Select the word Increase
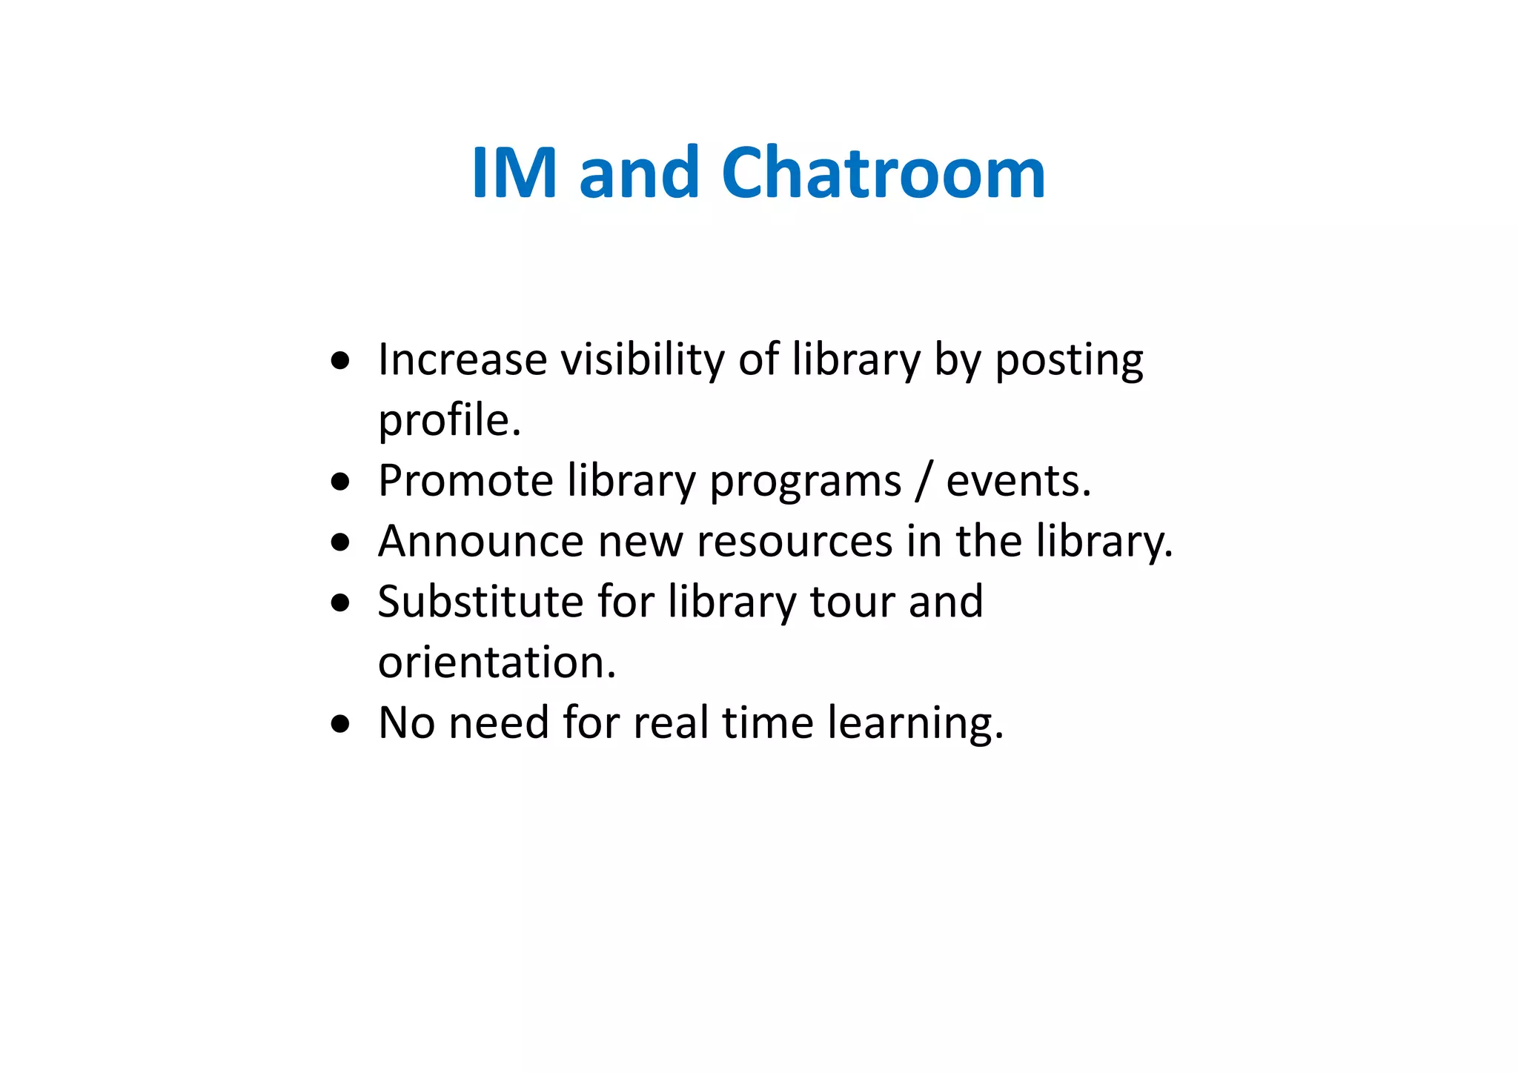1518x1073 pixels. pos(462,360)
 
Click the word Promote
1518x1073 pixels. pos(465,482)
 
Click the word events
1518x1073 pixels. pos(1018,482)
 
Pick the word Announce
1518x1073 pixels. pos(480,542)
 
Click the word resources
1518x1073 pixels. pos(794,542)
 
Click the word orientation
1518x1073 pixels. pos(497,662)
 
